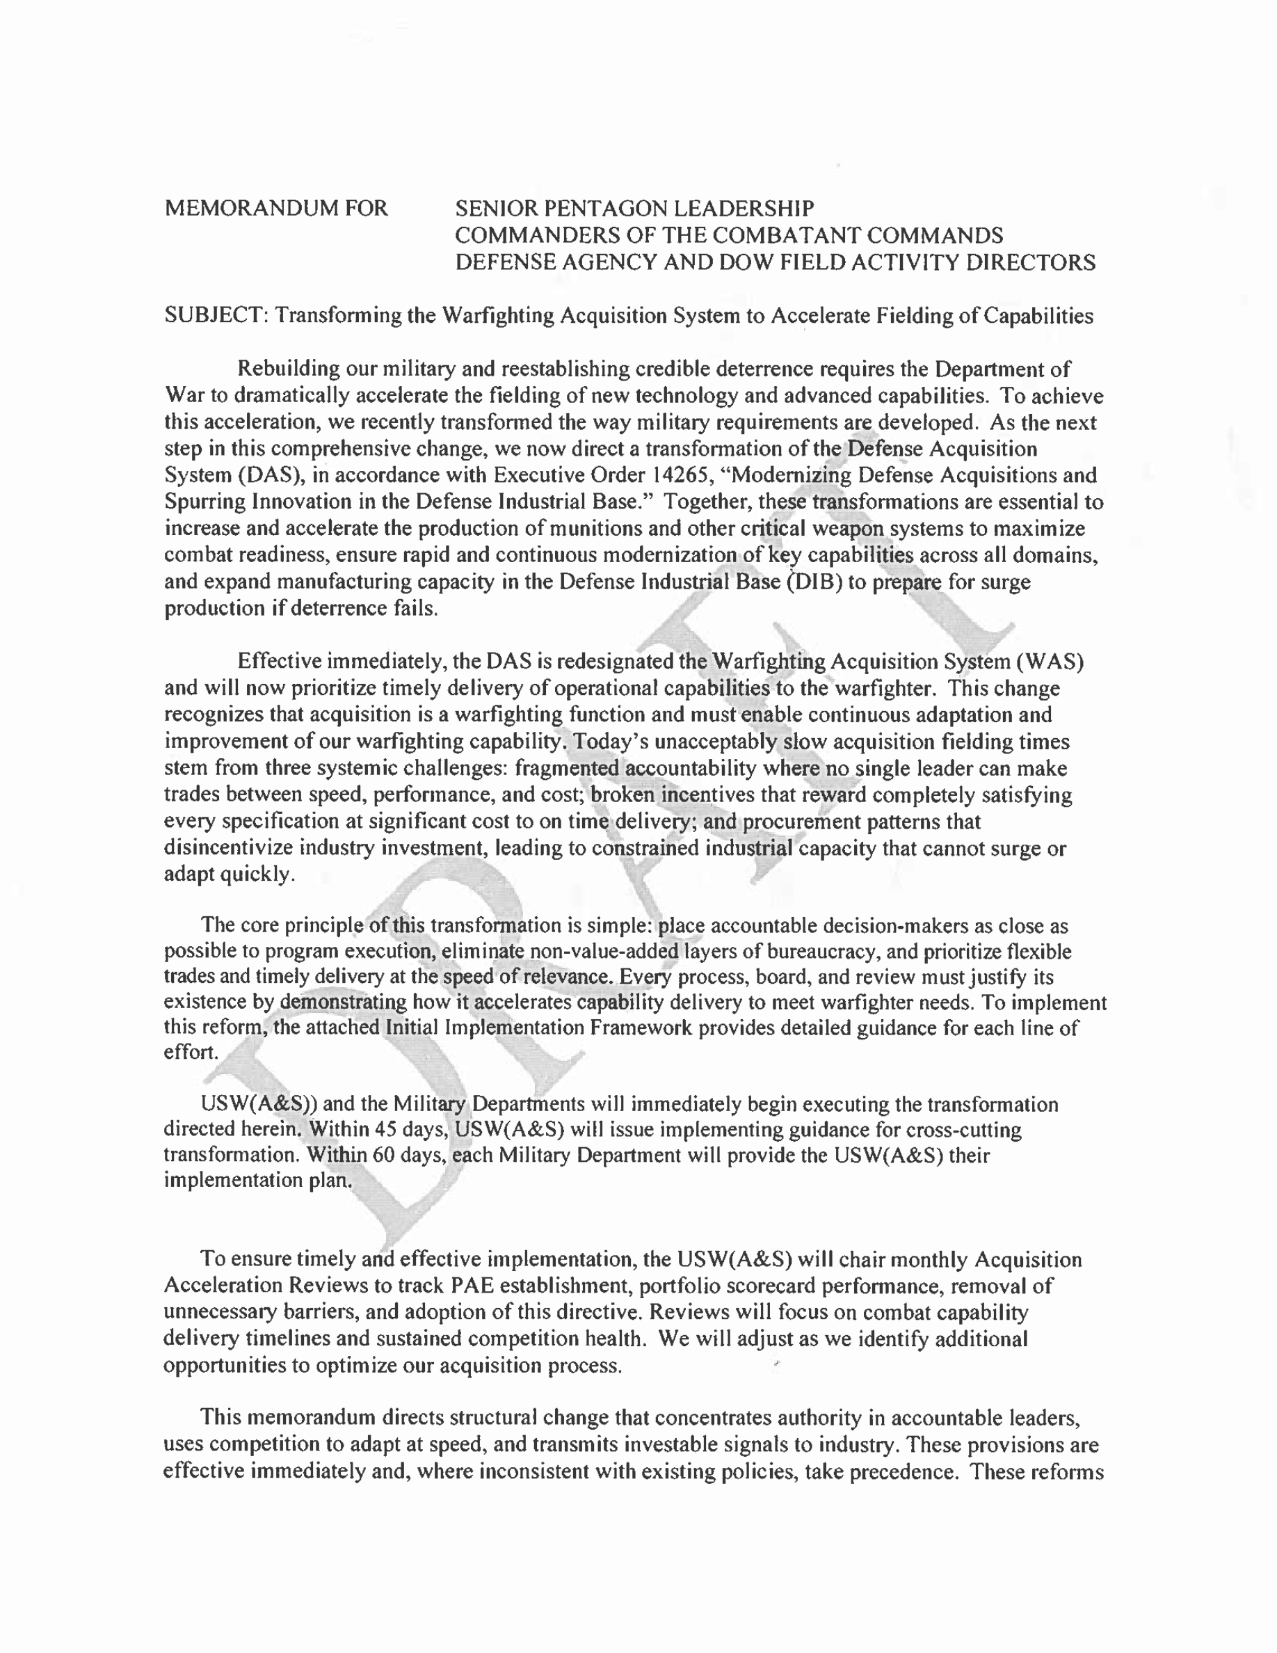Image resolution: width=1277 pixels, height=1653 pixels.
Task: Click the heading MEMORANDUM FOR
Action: (276, 208)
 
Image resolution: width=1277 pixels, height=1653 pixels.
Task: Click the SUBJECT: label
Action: (216, 316)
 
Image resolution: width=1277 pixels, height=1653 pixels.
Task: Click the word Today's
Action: (611, 741)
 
